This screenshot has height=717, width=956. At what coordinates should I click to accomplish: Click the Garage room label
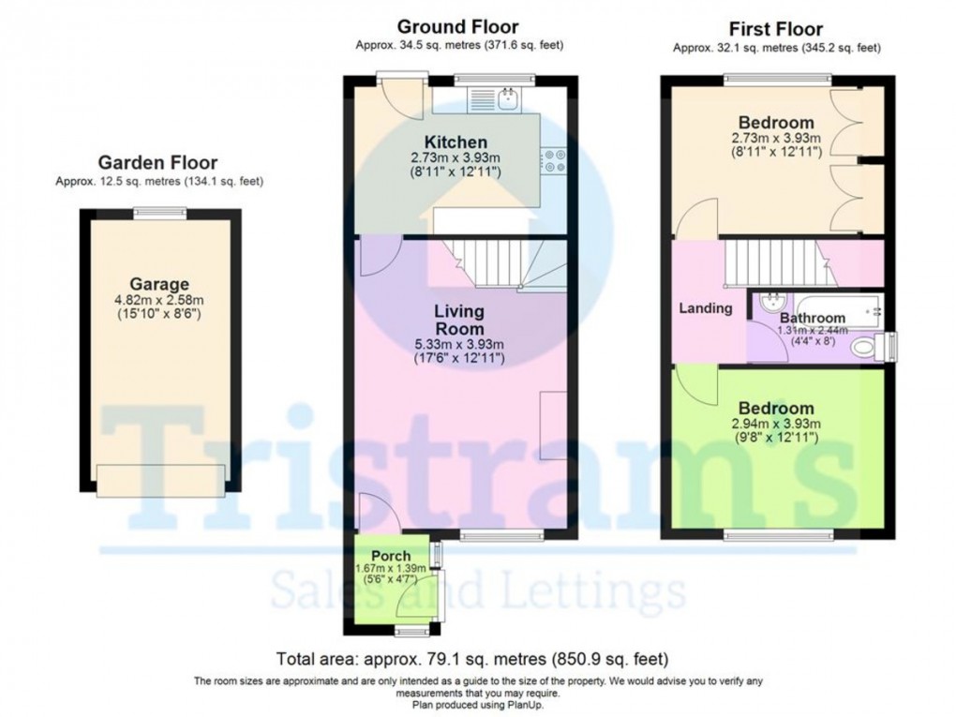coord(159,284)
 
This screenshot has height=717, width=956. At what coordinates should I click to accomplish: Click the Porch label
coord(391,556)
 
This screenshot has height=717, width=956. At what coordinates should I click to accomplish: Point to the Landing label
coord(705,308)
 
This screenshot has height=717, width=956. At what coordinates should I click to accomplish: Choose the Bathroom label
coord(813,319)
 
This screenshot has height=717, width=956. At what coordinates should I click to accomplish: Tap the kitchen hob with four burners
coord(551,161)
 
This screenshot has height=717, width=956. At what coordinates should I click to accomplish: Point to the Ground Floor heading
coord(457,26)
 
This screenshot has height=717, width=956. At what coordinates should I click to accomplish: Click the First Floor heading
coord(775,28)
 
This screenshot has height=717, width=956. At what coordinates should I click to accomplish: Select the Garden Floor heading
coord(157,162)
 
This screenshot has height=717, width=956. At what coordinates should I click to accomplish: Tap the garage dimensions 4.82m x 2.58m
coord(159,300)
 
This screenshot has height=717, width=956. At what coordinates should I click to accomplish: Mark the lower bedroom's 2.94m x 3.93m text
coord(776,425)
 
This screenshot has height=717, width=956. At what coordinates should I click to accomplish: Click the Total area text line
coord(472,658)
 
